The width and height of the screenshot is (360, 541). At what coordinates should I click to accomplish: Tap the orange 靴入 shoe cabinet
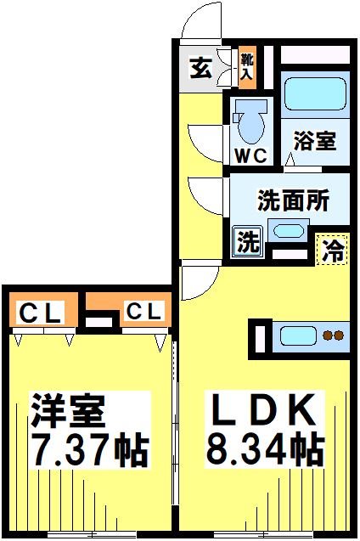pos(246,66)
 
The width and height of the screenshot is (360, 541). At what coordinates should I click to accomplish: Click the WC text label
pos(250,155)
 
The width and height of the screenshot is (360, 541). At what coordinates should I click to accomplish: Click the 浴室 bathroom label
pos(315,140)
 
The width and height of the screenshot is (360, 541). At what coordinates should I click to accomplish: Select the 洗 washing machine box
pos(247,242)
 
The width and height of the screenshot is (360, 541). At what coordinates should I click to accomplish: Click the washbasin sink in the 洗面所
pos(289,231)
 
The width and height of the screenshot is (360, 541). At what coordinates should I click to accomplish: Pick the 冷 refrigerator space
pos(335,250)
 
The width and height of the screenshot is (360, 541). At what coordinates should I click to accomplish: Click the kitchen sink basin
pos(298,335)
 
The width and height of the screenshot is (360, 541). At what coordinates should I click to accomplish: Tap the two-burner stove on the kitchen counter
pos(334,335)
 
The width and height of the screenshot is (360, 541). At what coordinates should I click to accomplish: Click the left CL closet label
pos(40,313)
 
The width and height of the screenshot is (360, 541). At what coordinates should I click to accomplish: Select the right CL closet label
pos(143,313)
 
